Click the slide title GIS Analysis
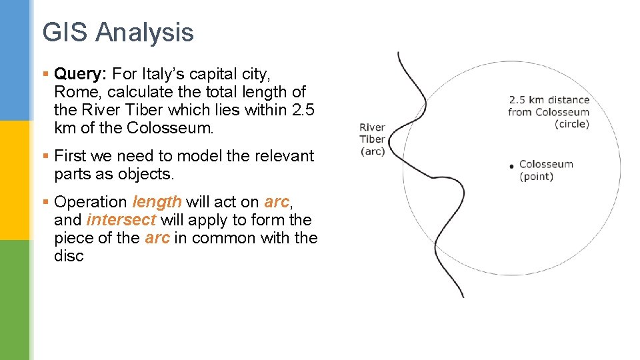[117, 32]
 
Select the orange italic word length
[157, 201]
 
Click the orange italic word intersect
[121, 220]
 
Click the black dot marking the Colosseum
[511, 165]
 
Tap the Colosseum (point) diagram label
[545, 170]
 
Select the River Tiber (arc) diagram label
[372, 139]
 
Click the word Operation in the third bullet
[91, 202]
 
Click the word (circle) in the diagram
[572, 124]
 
